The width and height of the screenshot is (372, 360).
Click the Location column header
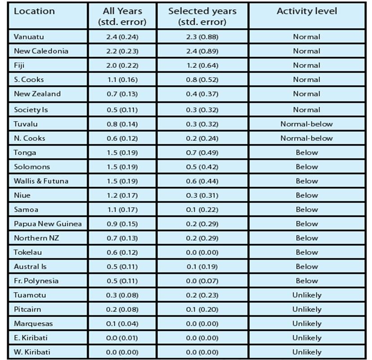(34, 11)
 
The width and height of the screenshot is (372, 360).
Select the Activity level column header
(306, 11)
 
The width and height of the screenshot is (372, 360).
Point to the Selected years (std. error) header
(202, 16)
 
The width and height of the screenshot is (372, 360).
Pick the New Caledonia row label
(41, 51)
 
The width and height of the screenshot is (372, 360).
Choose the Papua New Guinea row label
(48, 224)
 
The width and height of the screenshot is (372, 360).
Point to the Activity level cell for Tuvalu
(306, 124)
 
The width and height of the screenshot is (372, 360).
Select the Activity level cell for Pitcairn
(306, 309)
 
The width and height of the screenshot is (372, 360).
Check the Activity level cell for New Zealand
(306, 94)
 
